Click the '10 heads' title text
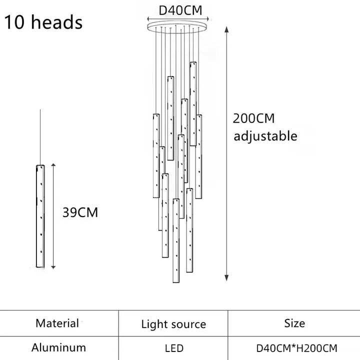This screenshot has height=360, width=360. click(x=43, y=22)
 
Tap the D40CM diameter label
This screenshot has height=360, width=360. click(x=180, y=10)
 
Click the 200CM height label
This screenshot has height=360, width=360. click(x=253, y=118)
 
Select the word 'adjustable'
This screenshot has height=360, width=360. click(x=265, y=136)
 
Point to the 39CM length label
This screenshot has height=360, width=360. click(x=80, y=212)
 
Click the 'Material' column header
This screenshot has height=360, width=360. click(x=57, y=323)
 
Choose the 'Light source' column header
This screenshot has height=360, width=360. click(x=173, y=324)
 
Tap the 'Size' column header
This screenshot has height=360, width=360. click(x=294, y=323)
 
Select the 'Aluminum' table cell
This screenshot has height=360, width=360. click(x=59, y=347)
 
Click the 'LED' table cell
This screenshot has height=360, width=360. click(x=174, y=348)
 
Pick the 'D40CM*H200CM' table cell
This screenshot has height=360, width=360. click(x=296, y=348)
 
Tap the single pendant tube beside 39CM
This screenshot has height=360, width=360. click(x=40, y=216)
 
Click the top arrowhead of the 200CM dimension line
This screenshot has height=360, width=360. click(x=226, y=29)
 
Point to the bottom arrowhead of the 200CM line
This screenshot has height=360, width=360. click(x=226, y=278)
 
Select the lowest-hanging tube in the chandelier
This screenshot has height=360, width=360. click(x=176, y=240)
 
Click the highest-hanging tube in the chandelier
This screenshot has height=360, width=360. click(x=193, y=104)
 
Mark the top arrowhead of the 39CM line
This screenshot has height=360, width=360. click(x=53, y=165)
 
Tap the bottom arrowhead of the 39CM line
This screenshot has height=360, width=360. click(x=53, y=267)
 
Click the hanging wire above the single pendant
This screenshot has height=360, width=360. click(x=40, y=137)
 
